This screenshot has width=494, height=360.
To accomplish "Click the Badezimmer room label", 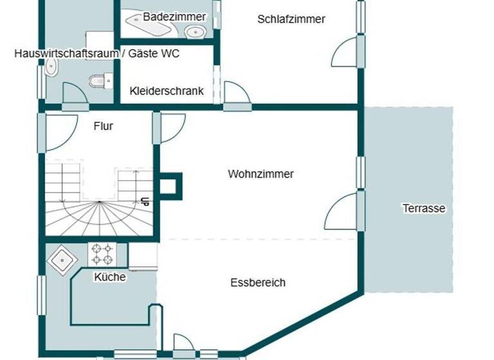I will (x=165, y=16).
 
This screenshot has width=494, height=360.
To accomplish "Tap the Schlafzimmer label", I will (x=291, y=19).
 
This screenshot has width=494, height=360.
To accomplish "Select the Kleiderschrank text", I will (x=167, y=91).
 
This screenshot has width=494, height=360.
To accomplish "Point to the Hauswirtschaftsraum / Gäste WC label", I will (x=96, y=54).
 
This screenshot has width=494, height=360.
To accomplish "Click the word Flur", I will (x=104, y=127).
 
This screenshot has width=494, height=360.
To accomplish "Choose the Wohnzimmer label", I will (x=261, y=174).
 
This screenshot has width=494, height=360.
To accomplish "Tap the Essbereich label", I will (x=258, y=283).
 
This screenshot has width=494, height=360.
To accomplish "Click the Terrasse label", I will (x=424, y=208).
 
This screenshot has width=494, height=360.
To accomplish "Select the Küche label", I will (x=110, y=277).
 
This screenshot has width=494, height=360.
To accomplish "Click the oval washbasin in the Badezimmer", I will (x=194, y=31).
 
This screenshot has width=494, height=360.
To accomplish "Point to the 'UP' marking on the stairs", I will (x=145, y=201).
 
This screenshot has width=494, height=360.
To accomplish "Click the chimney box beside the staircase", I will (x=171, y=184).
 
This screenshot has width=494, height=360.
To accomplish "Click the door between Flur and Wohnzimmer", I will (x=170, y=127).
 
